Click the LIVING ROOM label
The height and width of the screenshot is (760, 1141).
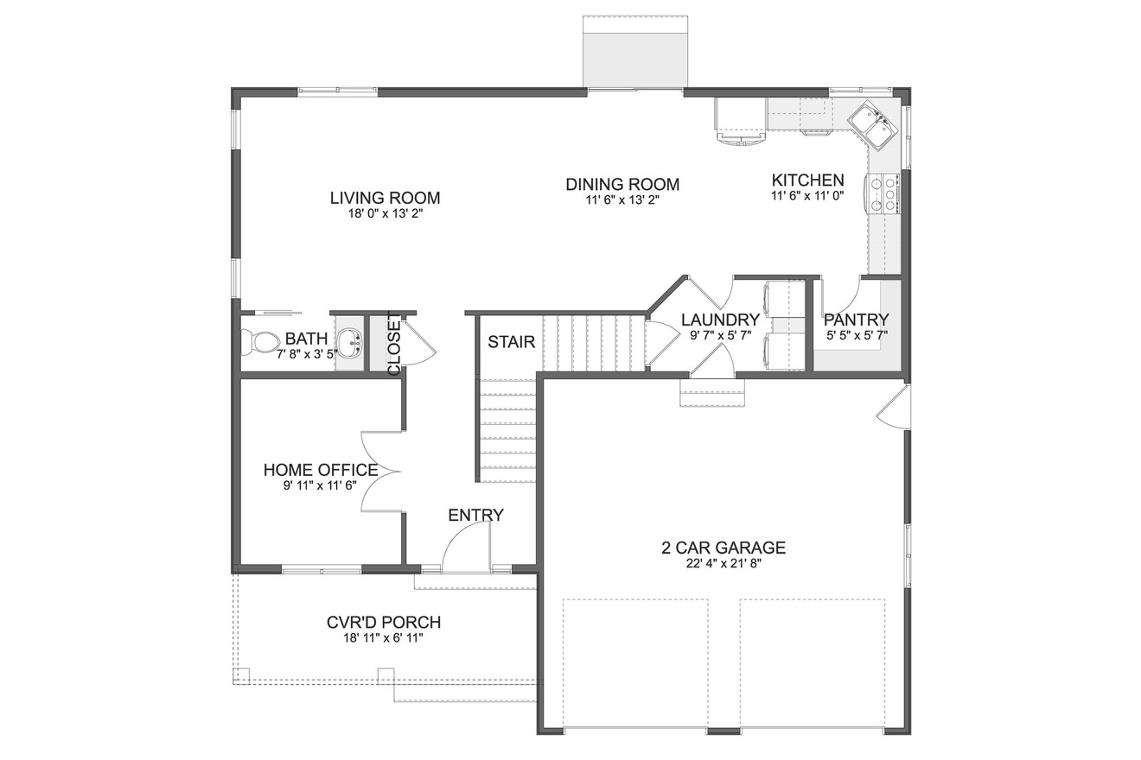tap(385, 198)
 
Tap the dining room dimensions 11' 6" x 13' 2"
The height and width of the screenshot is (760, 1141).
tap(622, 200)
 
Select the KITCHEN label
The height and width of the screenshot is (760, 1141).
tap(807, 180)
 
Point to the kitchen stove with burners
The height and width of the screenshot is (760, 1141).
tap(884, 193)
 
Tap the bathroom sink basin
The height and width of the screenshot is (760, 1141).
tap(349, 343)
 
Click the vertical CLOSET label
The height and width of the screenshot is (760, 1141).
tap(394, 343)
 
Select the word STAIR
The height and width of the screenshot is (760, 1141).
tap(511, 342)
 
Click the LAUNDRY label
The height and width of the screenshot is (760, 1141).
tap(720, 320)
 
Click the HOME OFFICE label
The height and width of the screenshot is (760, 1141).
tap(321, 471)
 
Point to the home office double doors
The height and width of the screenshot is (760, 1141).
tap(380, 472)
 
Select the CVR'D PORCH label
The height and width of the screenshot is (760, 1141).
tap(384, 622)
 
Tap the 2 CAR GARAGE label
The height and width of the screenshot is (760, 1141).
tap(723, 548)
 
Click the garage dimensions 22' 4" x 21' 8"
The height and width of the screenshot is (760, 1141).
tap(723, 564)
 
